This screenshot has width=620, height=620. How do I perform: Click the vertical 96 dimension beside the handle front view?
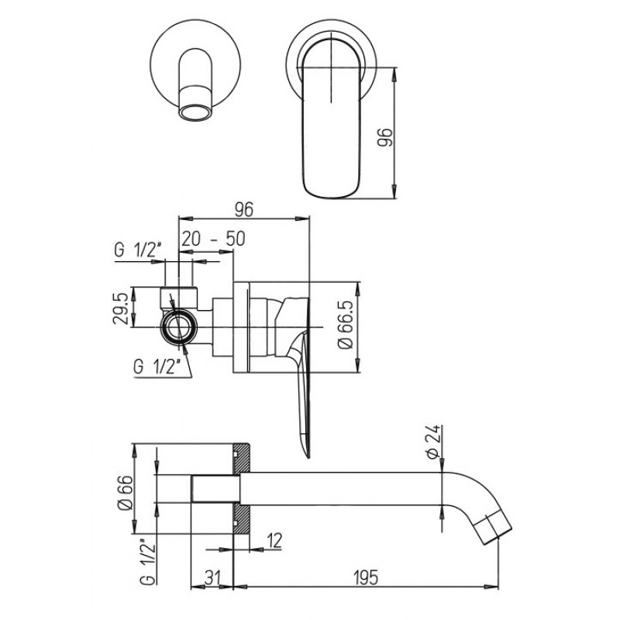tap(384, 137)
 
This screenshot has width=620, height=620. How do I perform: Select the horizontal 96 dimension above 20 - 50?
tap(244, 209)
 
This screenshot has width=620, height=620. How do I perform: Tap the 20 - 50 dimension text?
tap(214, 239)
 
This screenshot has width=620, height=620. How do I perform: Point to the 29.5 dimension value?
tap(120, 308)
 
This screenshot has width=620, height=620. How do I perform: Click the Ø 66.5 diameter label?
tap(345, 326)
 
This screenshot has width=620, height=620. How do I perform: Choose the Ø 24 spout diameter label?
tap(433, 442)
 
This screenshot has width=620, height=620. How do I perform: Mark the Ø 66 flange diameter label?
tap(125, 493)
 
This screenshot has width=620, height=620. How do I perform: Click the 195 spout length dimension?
tap(366, 577)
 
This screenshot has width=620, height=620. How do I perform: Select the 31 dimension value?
tap(212, 577)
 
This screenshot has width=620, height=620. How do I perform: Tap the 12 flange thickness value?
tap(274, 541)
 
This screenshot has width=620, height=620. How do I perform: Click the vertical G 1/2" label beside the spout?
tap(147, 561)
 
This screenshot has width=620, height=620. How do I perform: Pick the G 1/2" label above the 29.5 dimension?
tap(138, 250)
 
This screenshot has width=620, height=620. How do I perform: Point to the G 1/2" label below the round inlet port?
tap(157, 367)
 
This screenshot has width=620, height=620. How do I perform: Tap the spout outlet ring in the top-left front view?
tap(196, 112)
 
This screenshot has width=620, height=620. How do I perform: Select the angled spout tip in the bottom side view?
tap(492, 527)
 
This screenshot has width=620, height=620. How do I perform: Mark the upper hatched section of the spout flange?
tap(241, 458)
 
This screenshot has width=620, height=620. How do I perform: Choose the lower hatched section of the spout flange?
tap(241, 519)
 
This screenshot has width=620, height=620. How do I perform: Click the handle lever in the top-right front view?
tap(332, 118)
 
